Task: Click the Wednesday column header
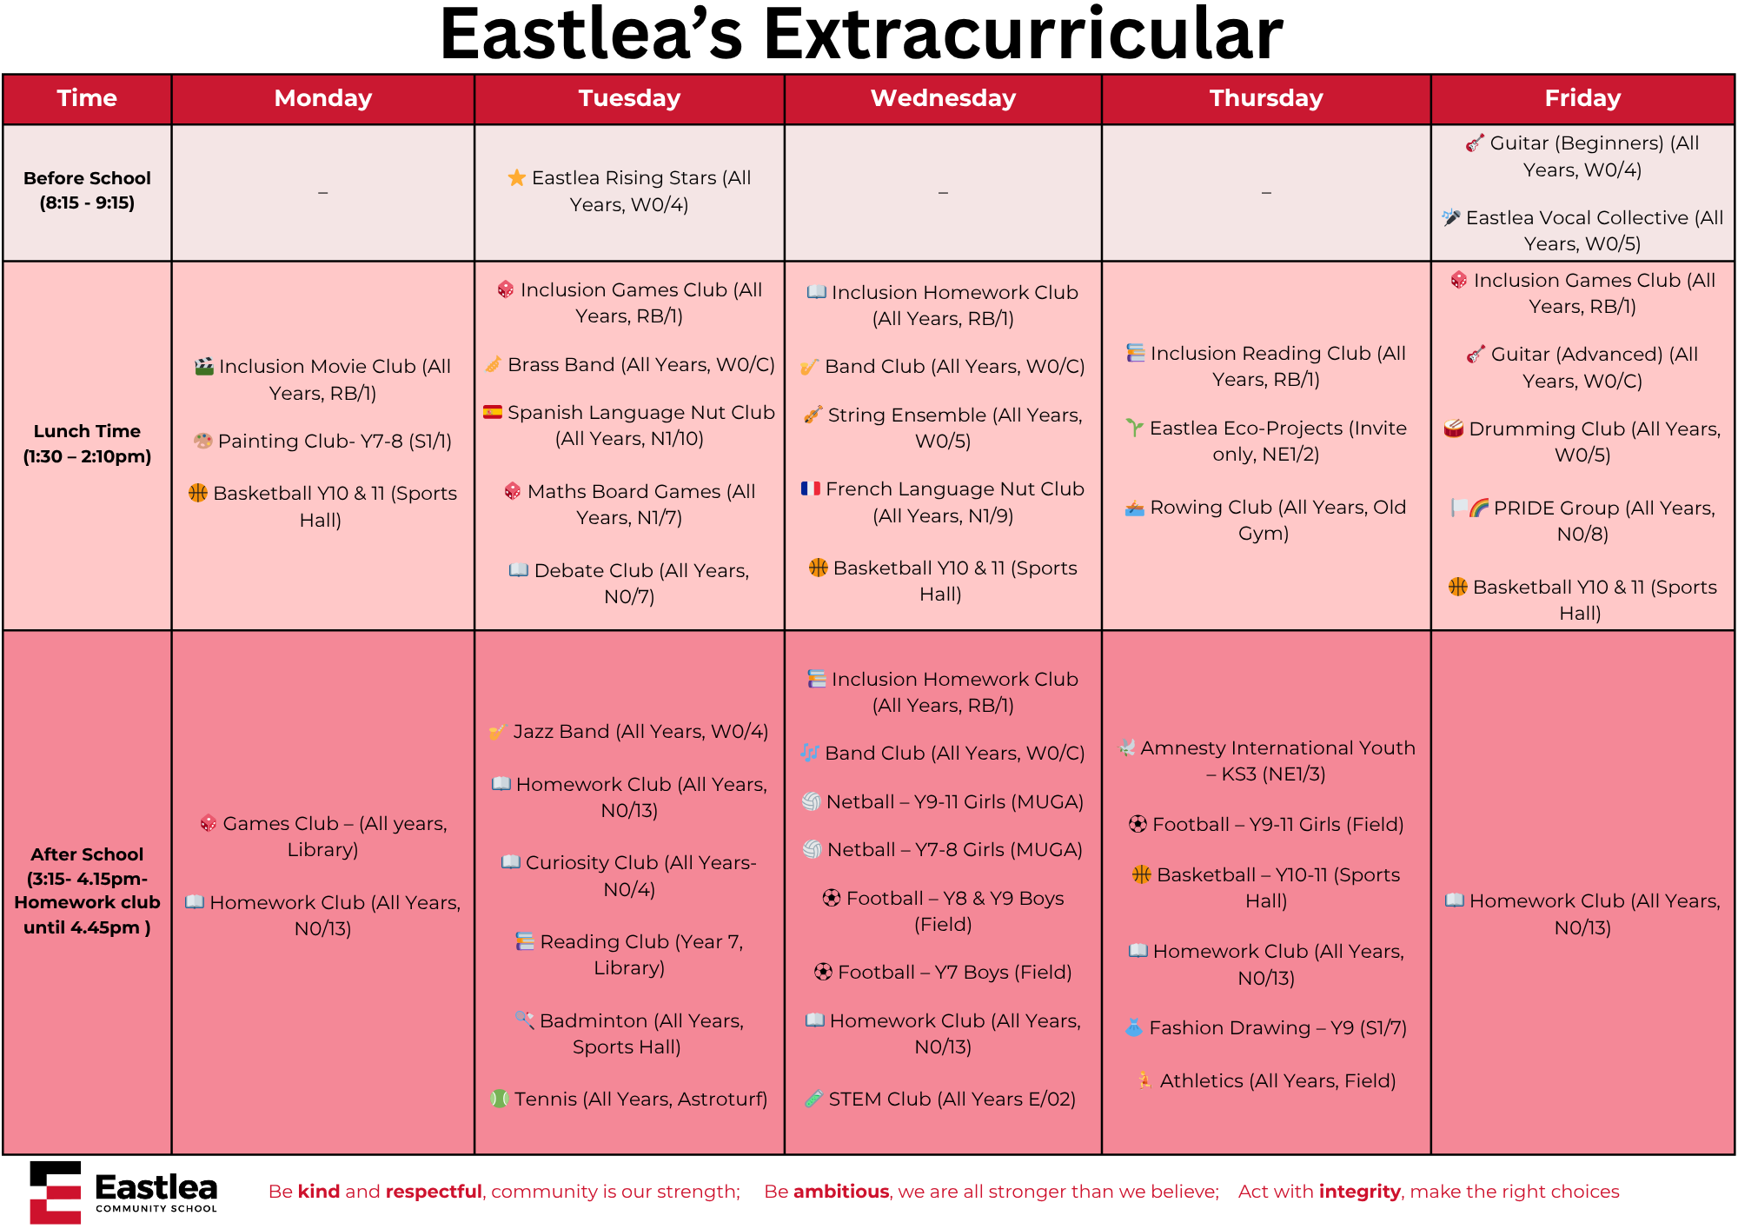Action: click(x=943, y=98)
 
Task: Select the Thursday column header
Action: click(x=1266, y=98)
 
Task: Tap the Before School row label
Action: click(x=87, y=190)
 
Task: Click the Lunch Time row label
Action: click(x=87, y=443)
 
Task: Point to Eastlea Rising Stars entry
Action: click(x=629, y=190)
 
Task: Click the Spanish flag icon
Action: click(x=493, y=412)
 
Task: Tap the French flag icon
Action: click(x=811, y=488)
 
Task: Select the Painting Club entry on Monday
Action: click(x=322, y=441)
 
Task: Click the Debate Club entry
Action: click(x=629, y=583)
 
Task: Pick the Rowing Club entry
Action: click(x=1265, y=520)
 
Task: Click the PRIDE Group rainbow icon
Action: click(x=1479, y=508)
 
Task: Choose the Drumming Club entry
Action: click(x=1582, y=442)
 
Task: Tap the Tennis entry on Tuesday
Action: click(x=629, y=1099)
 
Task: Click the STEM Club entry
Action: click(x=940, y=1099)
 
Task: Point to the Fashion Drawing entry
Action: click(x=1266, y=1027)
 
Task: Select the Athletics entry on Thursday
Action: click(x=1266, y=1080)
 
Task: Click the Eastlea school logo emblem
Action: click(x=56, y=1192)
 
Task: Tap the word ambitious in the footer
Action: click(x=841, y=1191)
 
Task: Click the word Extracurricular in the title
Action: click(x=1023, y=35)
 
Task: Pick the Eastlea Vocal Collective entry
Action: click(x=1582, y=230)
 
